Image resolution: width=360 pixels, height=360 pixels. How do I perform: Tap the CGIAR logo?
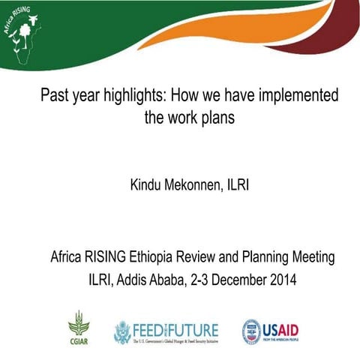pos(78,328)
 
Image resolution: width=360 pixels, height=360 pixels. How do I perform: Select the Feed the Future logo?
pos(166,331)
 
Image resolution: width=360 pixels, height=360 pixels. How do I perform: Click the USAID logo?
pos(274,330)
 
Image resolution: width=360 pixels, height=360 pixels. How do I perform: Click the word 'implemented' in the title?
pos(295,97)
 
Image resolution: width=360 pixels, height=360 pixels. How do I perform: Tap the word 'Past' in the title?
pos(55,97)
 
